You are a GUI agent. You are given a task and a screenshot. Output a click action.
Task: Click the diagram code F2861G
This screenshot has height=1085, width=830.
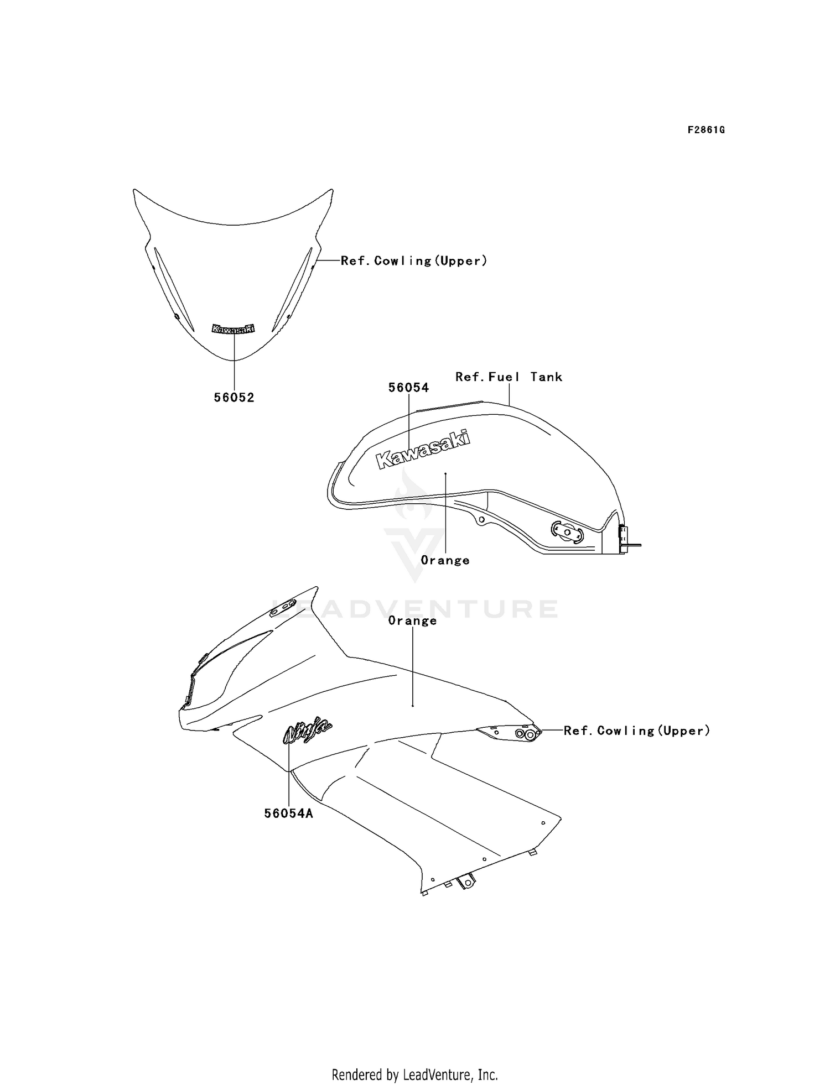706,130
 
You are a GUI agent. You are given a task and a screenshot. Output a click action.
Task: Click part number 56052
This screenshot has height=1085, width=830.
234,398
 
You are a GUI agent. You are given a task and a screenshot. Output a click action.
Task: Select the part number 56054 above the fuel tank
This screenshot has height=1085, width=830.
409,388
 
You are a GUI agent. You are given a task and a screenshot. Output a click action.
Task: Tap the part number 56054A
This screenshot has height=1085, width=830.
288,813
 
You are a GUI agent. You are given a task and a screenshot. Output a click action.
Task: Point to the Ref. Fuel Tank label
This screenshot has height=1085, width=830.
509,377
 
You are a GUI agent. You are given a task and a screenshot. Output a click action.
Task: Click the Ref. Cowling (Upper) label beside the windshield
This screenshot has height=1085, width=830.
414,260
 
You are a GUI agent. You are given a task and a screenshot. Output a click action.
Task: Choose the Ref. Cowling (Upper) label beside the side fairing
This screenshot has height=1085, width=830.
637,731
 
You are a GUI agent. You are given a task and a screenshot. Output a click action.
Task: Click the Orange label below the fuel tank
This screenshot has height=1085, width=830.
445,560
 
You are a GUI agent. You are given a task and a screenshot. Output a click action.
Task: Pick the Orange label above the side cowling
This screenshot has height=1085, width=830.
413,620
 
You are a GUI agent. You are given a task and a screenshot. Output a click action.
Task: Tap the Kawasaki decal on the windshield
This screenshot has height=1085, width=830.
234,328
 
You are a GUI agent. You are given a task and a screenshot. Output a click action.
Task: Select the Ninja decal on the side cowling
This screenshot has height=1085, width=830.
307,732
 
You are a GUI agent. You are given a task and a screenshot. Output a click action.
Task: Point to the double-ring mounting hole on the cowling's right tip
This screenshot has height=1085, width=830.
526,734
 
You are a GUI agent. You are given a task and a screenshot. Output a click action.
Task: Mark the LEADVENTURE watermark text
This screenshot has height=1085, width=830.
415,608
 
